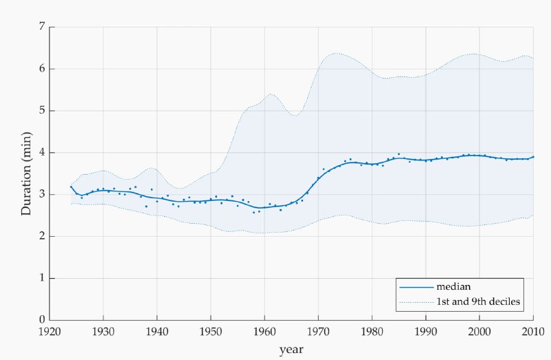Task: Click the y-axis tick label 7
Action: point(43,27)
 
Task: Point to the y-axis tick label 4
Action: point(43,152)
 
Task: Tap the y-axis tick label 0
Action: point(43,320)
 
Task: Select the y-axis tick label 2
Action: point(43,236)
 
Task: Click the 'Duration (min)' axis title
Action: point(26,173)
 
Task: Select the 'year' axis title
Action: point(291,349)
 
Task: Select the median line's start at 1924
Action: point(71,187)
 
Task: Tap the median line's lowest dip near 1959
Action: point(261,208)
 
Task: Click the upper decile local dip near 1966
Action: point(295,115)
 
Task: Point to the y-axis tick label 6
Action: point(43,69)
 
